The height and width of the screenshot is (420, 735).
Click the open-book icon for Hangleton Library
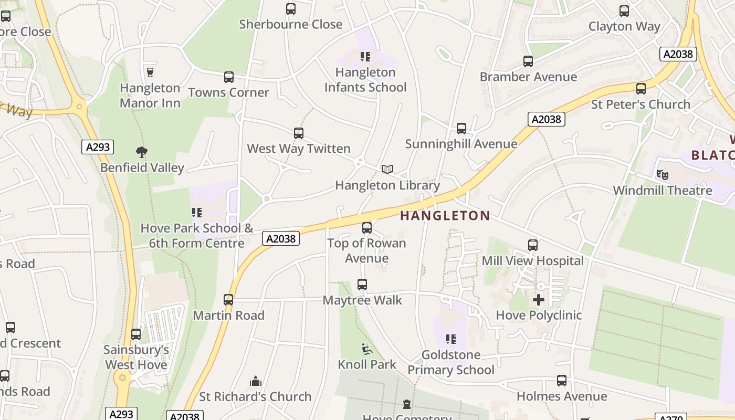pos(387,169)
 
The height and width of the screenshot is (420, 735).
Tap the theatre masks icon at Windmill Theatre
pos(662,174)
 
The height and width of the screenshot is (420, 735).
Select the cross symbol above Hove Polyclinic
pos(539,300)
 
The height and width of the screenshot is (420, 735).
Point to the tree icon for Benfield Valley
pos(141,152)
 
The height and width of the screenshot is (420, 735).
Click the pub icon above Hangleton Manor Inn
pos(150,72)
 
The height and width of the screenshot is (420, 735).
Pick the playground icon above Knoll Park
pos(367,349)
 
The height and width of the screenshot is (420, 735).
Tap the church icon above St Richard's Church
pos(256,381)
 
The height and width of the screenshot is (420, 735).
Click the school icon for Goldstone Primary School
pos(450,339)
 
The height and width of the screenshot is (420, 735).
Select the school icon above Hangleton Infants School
pos(365,56)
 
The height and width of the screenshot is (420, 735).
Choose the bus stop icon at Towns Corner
pos(229,77)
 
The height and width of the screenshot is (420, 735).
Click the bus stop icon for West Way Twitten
pos(299,133)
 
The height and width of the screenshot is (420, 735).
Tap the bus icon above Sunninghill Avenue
pos(461,128)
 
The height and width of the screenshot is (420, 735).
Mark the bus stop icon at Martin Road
pos(228,300)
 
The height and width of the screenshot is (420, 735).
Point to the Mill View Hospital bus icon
pos(533,245)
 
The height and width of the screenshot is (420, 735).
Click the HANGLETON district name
pos(445,215)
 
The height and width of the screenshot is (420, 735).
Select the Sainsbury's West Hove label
pos(136,357)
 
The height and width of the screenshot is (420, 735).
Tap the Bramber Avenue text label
pos(528,77)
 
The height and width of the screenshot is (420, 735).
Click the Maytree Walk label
pos(362,300)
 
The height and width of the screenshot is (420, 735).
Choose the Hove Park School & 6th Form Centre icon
pos(197,213)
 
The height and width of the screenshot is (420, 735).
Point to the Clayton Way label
pos(624,26)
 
